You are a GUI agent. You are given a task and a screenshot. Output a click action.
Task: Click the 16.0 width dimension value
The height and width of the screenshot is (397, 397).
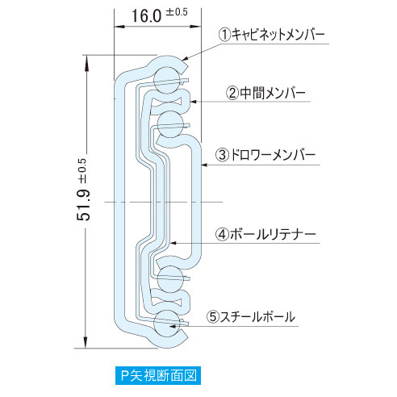pyautogui.click(x=146, y=15)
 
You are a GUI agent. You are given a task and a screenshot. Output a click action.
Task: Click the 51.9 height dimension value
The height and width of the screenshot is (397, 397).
pyautogui.click(x=84, y=205)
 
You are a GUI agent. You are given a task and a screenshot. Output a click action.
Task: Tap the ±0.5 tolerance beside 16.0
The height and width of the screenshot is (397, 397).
pyautogui.click(x=177, y=12)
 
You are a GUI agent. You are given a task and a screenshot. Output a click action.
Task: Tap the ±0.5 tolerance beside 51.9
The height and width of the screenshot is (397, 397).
pyautogui.click(x=83, y=171)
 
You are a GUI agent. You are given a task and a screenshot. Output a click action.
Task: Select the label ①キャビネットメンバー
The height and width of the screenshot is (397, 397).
pyautogui.click(x=272, y=35)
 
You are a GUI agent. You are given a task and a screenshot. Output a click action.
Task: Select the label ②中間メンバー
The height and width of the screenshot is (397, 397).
pyautogui.click(x=265, y=93)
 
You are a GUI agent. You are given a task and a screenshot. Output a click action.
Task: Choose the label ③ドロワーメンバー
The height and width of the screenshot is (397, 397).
pyautogui.click(x=265, y=155)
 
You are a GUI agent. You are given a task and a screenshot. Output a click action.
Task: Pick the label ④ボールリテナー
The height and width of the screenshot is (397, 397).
pyautogui.click(x=265, y=234)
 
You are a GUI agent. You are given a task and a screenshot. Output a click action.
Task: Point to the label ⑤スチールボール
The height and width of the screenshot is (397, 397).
pyautogui.click(x=251, y=316)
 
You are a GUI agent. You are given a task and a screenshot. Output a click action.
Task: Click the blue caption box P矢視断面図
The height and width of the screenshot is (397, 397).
pyautogui.click(x=158, y=375)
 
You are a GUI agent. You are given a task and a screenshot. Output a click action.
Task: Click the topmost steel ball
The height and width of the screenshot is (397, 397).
pyautogui.click(x=167, y=80)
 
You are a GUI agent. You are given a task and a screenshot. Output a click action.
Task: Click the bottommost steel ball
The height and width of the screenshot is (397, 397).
pyautogui.click(x=167, y=324)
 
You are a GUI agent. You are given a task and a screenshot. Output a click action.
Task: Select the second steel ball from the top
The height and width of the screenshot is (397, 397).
pyautogui.click(x=170, y=124)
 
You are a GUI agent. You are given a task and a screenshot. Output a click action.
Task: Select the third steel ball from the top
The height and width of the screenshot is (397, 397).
pyautogui.click(x=170, y=279)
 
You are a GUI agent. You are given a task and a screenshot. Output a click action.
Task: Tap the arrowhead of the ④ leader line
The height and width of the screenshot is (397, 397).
pyautogui.click(x=173, y=243)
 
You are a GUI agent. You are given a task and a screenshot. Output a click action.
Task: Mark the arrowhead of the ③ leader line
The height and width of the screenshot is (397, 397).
pyautogui.click(x=204, y=165)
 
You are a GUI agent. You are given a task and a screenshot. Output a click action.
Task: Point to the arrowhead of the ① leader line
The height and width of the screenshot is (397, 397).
pyautogui.click(x=186, y=58)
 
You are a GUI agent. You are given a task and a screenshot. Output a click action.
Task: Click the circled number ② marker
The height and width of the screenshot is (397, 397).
pyautogui.click(x=232, y=94)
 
